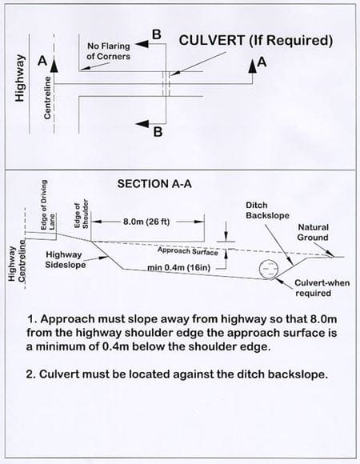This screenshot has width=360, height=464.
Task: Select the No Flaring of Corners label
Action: point(109,52)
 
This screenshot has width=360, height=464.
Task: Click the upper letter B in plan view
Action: point(156,34)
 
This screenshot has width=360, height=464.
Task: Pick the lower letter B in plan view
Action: point(158,133)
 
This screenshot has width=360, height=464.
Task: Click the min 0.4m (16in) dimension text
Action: point(186,266)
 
